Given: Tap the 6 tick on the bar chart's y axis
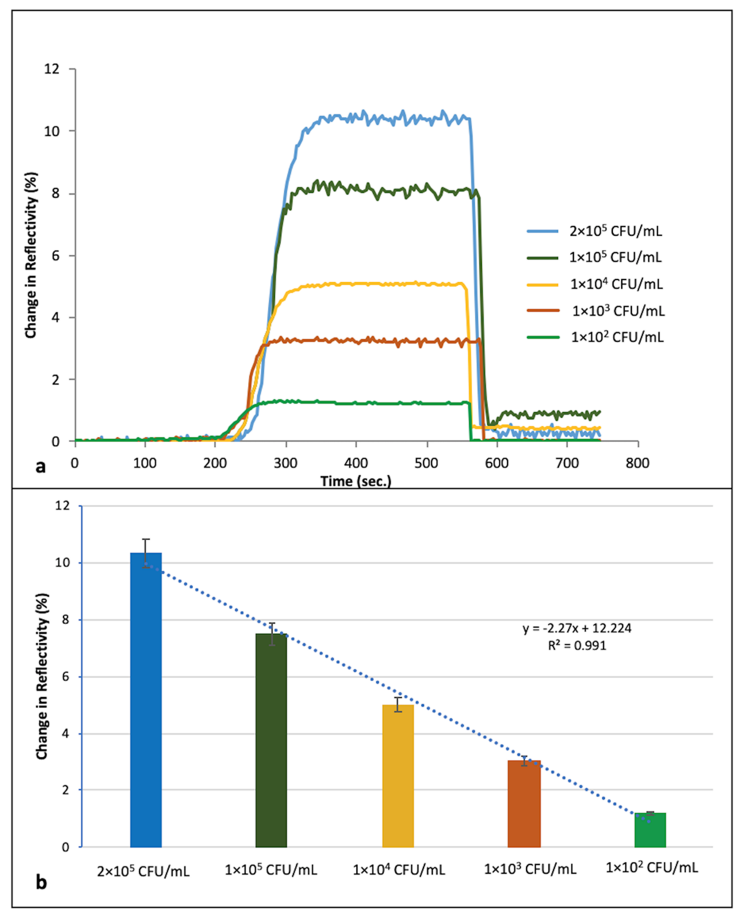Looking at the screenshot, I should tap(65, 677).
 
